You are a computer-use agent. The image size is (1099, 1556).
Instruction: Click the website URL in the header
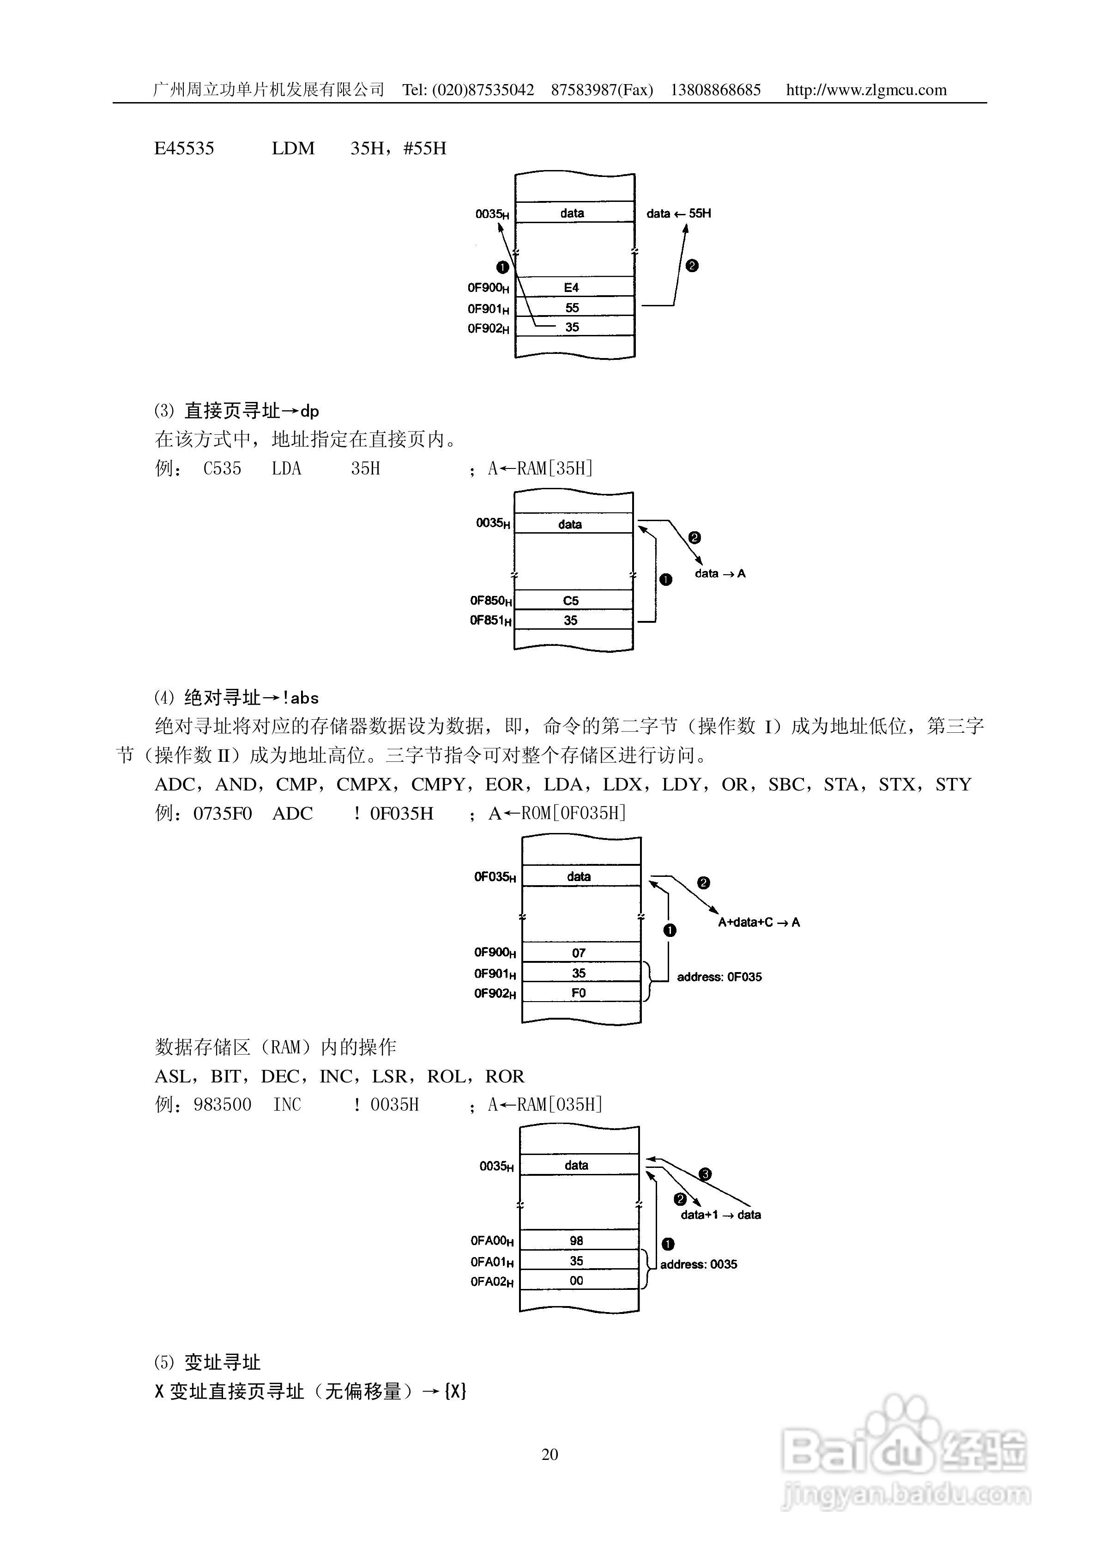866,90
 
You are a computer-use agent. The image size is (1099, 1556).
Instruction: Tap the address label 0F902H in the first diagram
488,328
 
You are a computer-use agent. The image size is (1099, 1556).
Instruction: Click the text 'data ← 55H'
678,213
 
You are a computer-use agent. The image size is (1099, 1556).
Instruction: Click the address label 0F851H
490,620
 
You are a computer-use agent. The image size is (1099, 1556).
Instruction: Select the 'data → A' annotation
719,573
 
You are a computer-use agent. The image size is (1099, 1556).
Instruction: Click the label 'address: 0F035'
719,977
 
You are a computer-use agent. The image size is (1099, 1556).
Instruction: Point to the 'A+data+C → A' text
758,922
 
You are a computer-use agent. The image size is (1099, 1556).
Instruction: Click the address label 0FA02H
492,1282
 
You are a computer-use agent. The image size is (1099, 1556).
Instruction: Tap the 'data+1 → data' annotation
720,1215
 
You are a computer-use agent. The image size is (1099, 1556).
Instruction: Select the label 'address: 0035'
699,1264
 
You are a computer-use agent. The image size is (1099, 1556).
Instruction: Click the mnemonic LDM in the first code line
293,148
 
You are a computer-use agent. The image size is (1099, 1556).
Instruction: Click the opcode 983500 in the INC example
222,1105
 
